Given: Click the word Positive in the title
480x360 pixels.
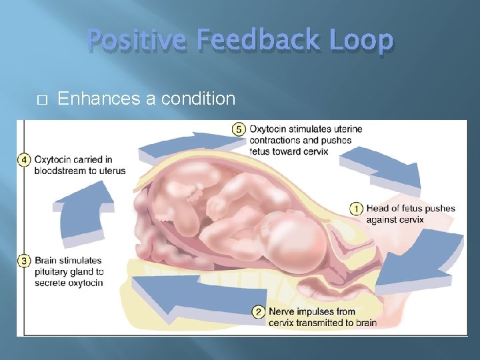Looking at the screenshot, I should [x=137, y=41].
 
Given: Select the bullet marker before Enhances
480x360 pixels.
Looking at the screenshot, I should [x=42, y=99].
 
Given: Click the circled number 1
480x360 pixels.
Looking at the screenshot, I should [x=356, y=209].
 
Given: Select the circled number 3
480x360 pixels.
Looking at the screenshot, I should [x=25, y=261].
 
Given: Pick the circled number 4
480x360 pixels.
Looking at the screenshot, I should [x=25, y=159].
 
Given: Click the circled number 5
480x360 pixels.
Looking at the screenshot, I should [x=239, y=129].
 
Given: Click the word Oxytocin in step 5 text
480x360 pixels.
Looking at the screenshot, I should [x=269, y=129].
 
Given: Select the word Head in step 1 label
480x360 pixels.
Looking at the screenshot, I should [x=378, y=209].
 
